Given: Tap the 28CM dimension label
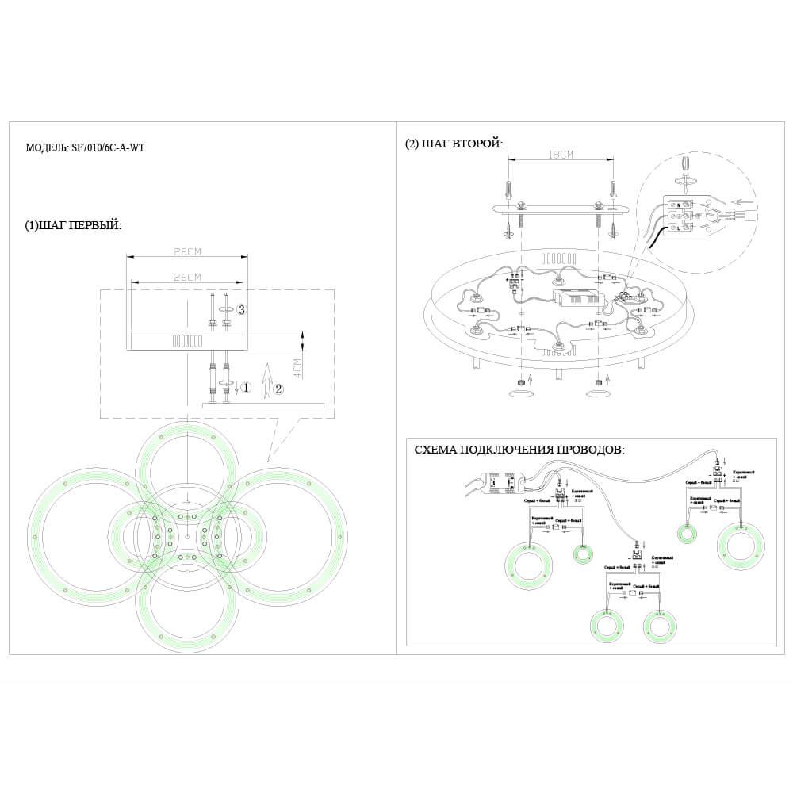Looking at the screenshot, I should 187,251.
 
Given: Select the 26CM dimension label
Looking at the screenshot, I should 187,276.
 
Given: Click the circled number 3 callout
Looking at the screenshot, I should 243,308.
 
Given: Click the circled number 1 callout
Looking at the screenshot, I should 247,388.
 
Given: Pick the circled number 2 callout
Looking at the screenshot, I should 278,388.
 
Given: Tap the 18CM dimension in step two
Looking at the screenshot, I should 561,155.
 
